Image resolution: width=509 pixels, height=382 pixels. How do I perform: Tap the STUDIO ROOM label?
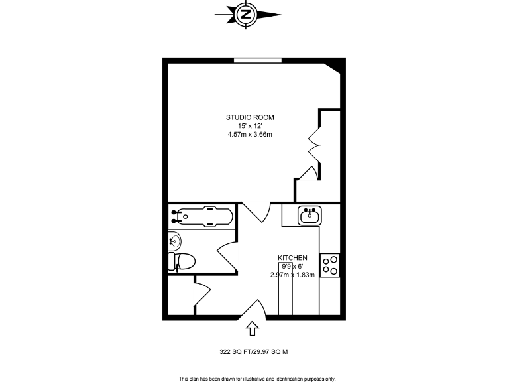pyautogui.click(x=250, y=117)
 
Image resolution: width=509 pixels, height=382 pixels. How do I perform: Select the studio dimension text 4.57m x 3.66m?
pyautogui.click(x=250, y=135)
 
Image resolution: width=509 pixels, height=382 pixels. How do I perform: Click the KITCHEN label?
pyautogui.click(x=292, y=257)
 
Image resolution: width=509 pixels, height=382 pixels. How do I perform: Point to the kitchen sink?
pyautogui.click(x=310, y=216)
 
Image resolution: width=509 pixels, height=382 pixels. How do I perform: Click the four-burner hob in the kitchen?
pyautogui.click(x=330, y=265)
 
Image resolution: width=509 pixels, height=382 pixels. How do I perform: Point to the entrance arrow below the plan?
pyautogui.click(x=252, y=328)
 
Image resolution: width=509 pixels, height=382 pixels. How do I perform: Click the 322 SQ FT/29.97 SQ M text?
pyautogui.click(x=254, y=353)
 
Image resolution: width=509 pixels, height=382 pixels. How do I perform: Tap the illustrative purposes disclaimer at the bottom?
pyautogui.click(x=257, y=379)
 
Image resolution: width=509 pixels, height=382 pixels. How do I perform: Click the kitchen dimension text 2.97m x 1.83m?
pyautogui.click(x=292, y=275)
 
